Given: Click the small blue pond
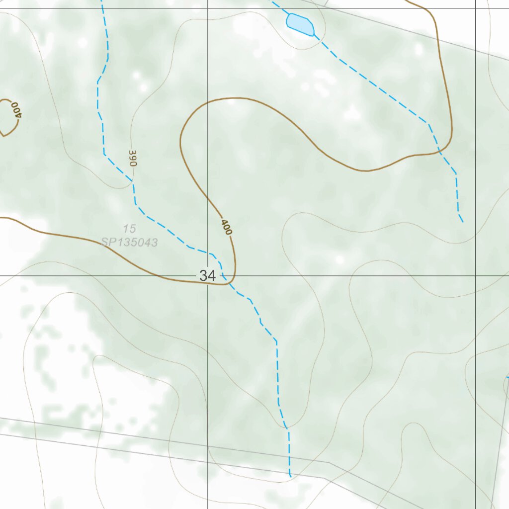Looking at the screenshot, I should tap(300, 24).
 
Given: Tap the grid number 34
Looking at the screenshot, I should tap(207, 275).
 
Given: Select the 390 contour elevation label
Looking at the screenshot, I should tap(132, 158).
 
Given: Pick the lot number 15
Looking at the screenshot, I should tap(129, 229).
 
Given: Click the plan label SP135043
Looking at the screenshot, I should tap(129, 243).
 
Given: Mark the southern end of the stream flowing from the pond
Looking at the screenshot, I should tap(463, 222).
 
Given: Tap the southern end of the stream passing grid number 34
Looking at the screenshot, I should tap(290, 476).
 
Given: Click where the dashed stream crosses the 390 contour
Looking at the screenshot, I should tap(133, 182).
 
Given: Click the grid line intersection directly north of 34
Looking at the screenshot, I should tap(207, 8).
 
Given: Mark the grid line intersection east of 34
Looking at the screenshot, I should tap(476, 275).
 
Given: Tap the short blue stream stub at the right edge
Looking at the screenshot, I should tap(507, 378).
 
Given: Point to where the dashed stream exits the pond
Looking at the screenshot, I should tap(314, 35).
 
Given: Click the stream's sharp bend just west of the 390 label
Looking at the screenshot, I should tap(104, 155).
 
